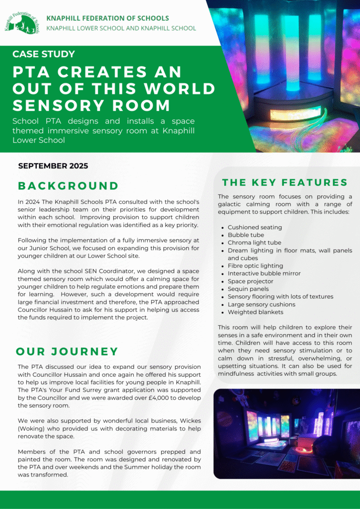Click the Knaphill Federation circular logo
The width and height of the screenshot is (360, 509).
point(22,21)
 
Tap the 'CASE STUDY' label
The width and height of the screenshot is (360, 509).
point(44,54)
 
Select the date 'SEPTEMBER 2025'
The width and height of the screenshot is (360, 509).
point(53,166)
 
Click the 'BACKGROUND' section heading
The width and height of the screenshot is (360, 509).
point(68,186)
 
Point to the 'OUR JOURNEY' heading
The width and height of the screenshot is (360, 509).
point(67,352)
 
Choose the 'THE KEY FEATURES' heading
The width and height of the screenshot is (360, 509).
point(285,182)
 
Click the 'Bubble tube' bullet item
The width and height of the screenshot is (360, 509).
point(246,235)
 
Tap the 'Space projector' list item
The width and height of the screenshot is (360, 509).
point(251,281)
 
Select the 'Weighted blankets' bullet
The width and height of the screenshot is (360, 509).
point(256,312)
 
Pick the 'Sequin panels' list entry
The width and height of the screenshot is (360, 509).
point(248,289)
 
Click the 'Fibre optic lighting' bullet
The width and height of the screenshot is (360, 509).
point(256,266)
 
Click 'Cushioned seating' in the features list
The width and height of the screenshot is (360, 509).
point(255,227)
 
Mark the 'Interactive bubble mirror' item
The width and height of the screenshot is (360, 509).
point(264,273)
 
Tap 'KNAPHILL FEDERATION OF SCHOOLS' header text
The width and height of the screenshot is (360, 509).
point(107,18)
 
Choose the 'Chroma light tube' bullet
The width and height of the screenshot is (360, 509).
point(255,243)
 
